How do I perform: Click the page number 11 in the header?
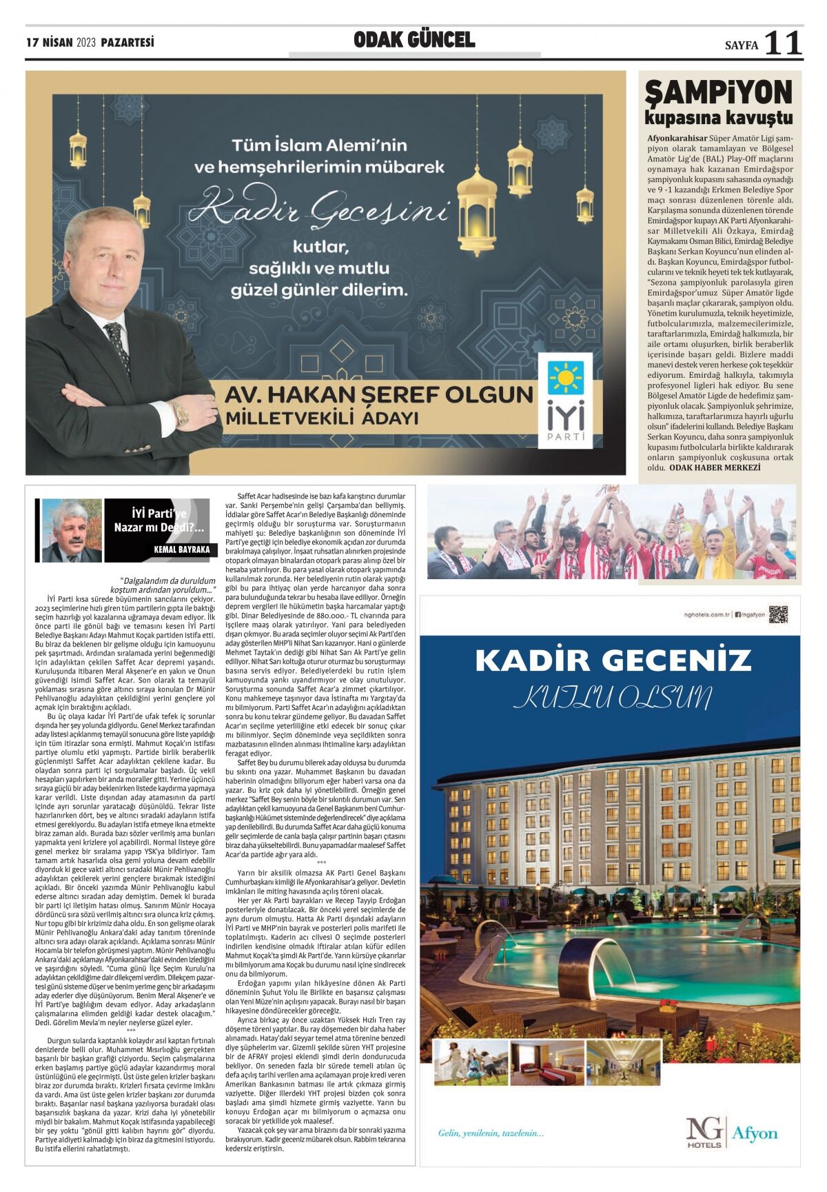(x=783, y=43)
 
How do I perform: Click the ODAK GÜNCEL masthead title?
(x=414, y=40)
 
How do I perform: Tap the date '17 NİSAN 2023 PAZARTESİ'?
(x=90, y=43)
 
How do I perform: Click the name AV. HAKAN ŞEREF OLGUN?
(x=379, y=395)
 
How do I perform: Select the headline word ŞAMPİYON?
(x=718, y=92)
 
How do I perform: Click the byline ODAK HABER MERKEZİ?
(x=715, y=467)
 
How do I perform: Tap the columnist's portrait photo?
(x=72, y=529)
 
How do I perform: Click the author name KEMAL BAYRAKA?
(x=182, y=549)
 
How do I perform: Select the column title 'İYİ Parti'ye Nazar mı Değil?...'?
(x=159, y=521)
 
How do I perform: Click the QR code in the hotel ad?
(x=777, y=614)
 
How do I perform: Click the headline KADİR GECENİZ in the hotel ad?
(x=613, y=660)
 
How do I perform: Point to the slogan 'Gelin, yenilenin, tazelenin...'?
(x=491, y=1133)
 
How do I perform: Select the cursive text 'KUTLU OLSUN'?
(x=613, y=697)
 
